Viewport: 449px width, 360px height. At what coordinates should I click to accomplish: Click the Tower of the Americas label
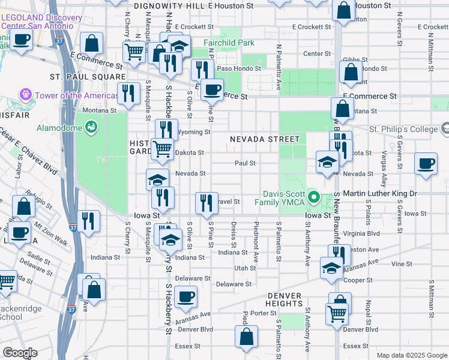click(x=77, y=96)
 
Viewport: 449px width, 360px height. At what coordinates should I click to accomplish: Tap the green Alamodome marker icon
click(x=91, y=127)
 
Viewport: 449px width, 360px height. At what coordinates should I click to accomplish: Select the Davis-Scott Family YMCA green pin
click(x=312, y=197)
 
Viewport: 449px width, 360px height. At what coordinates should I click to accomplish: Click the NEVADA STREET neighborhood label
click(x=265, y=139)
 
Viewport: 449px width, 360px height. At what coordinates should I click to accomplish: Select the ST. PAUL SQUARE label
click(x=86, y=77)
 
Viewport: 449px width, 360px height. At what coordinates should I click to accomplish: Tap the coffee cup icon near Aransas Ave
click(x=186, y=296)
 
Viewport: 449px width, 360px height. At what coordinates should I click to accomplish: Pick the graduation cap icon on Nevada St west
click(x=157, y=180)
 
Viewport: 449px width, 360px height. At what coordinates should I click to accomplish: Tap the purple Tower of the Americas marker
click(x=26, y=95)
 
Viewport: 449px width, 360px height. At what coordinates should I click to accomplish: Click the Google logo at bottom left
click(x=19, y=353)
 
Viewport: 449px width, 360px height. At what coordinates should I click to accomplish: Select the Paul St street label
click(x=245, y=163)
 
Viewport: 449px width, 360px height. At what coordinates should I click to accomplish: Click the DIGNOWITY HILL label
click(x=170, y=5)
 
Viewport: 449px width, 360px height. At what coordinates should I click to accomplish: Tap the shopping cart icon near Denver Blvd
click(x=337, y=313)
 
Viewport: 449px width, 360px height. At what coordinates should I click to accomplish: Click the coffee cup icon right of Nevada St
click(x=426, y=164)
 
